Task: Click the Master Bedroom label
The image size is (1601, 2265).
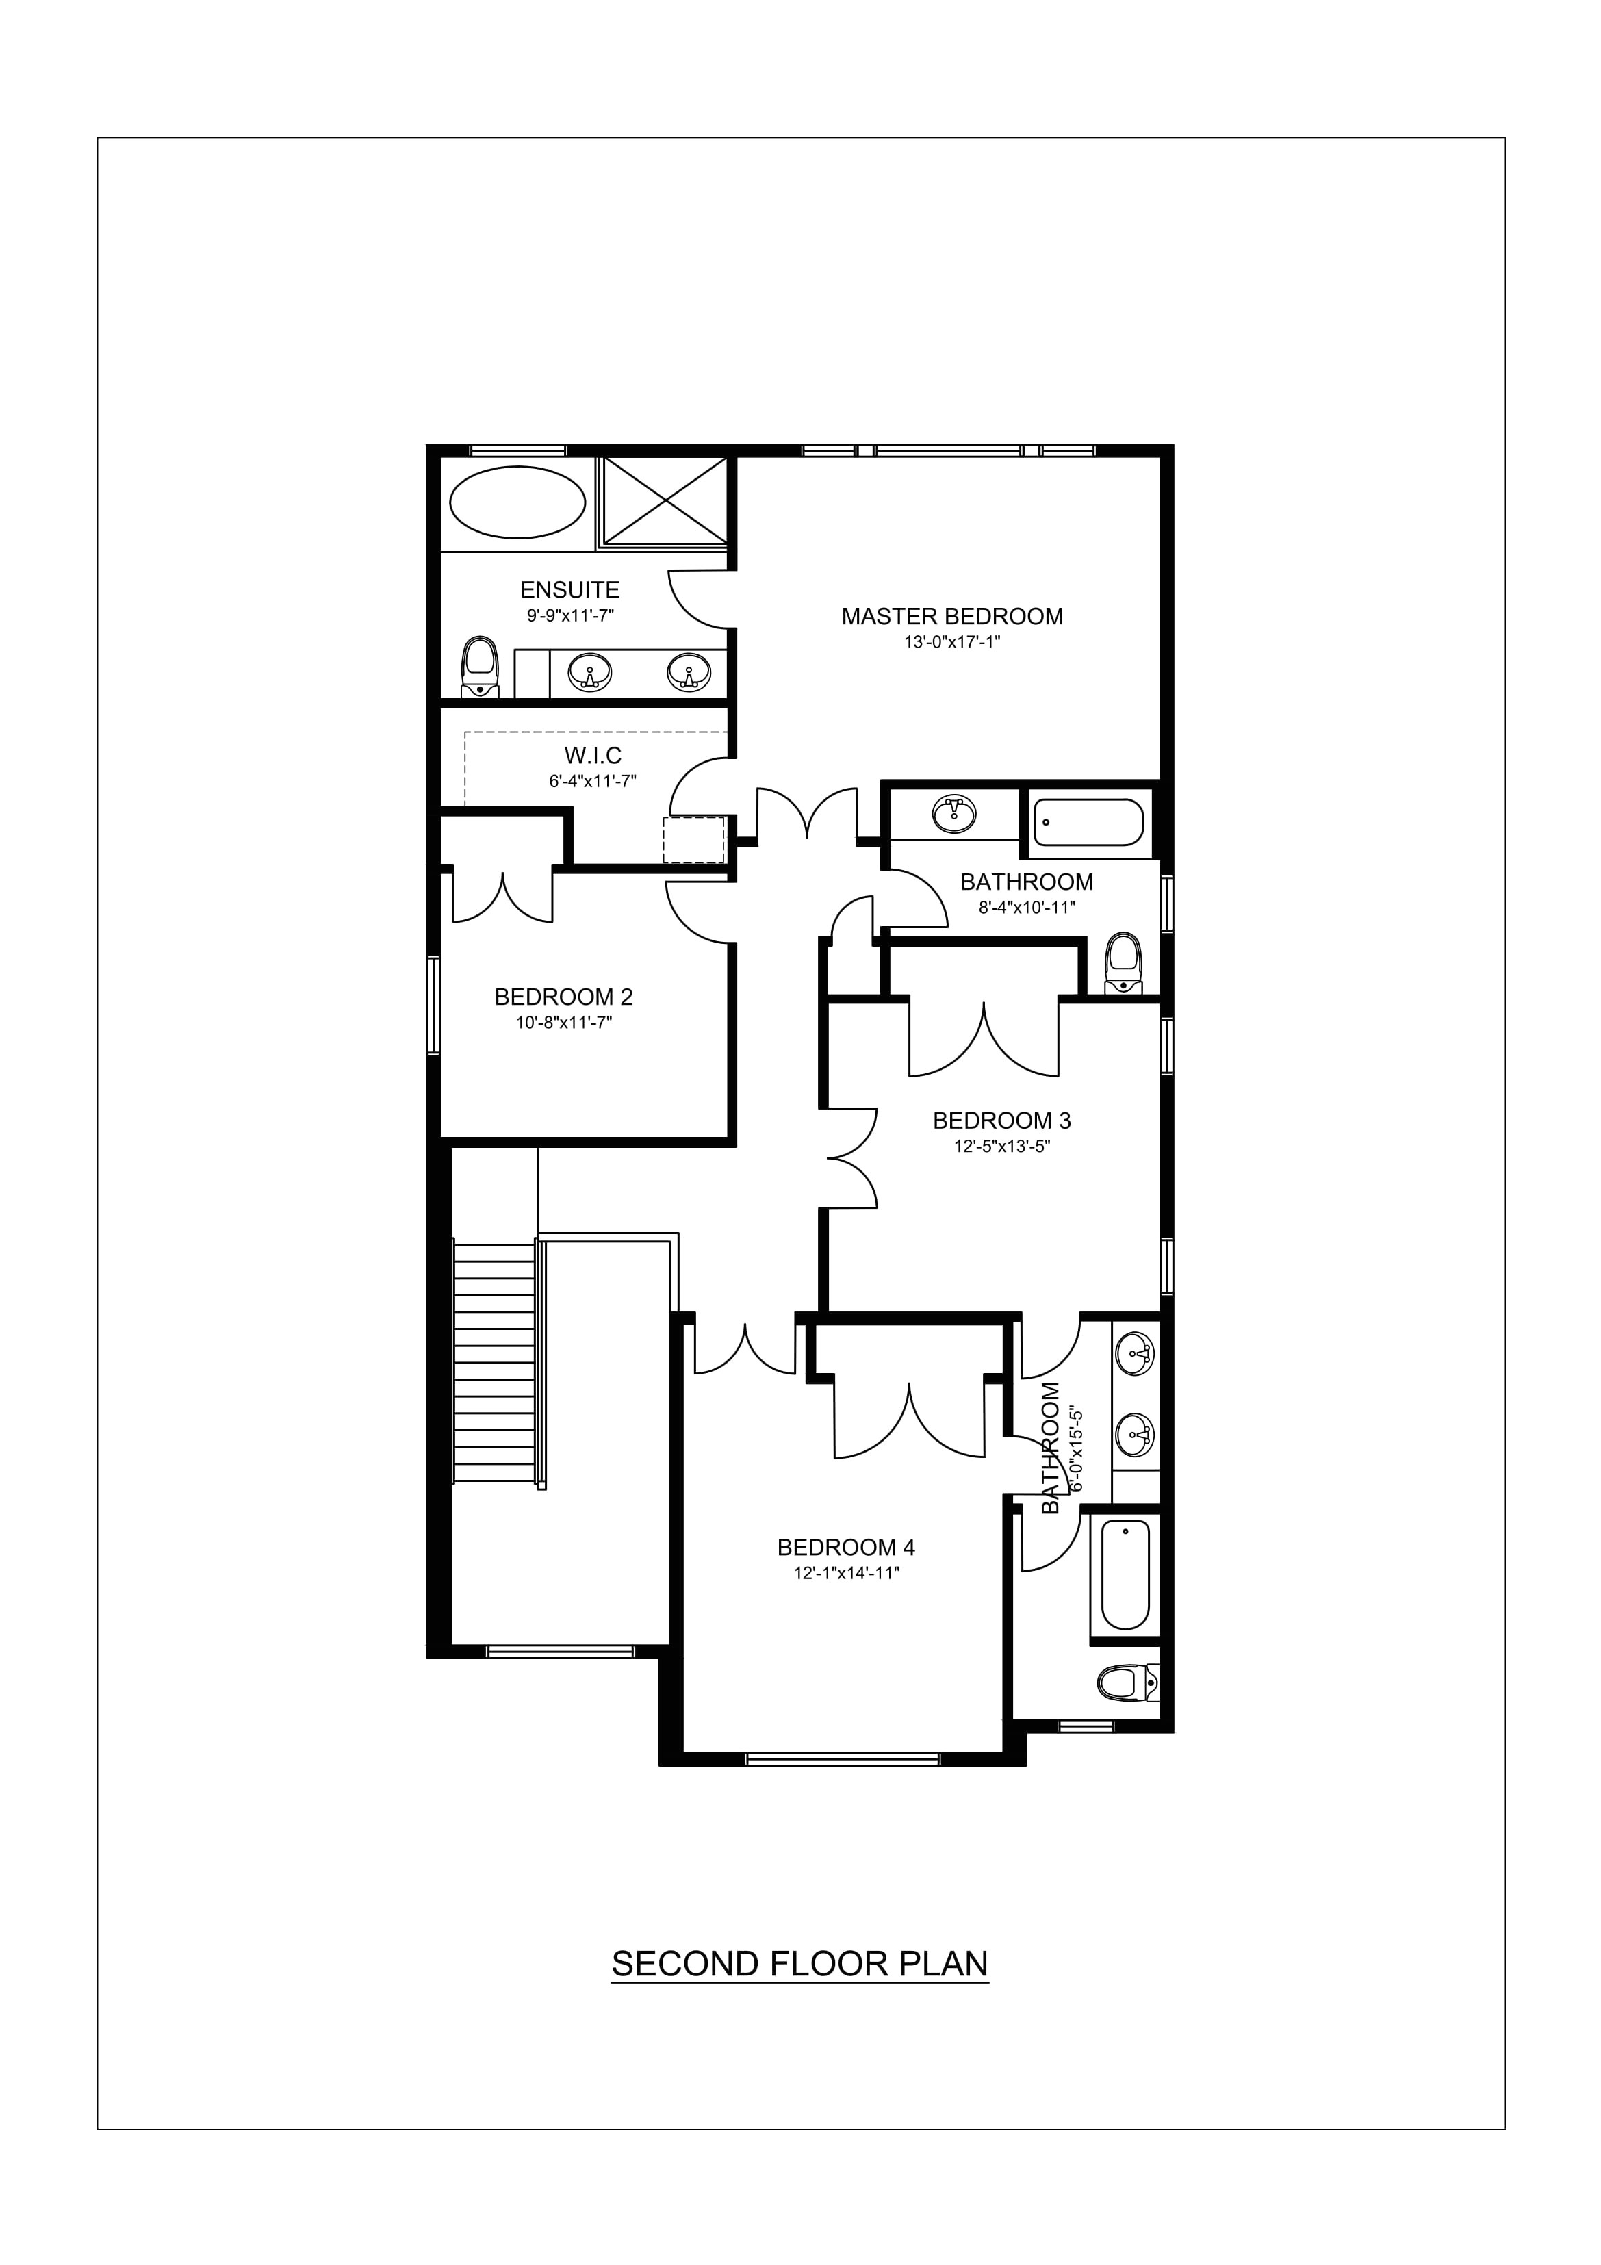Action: [952, 617]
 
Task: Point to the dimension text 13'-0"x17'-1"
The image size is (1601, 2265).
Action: [952, 642]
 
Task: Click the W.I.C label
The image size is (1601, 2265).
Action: [593, 756]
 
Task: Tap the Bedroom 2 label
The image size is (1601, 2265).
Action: [563, 997]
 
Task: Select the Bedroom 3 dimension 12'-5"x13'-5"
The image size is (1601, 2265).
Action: [1001, 1147]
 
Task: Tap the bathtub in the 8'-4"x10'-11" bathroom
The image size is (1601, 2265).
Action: [1088, 823]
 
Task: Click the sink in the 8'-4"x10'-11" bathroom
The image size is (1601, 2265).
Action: [953, 814]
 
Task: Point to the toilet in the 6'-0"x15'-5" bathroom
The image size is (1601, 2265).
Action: [1127, 1681]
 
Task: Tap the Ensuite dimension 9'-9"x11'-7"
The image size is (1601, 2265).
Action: [570, 615]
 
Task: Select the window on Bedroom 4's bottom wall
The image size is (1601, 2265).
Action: [843, 1757]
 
